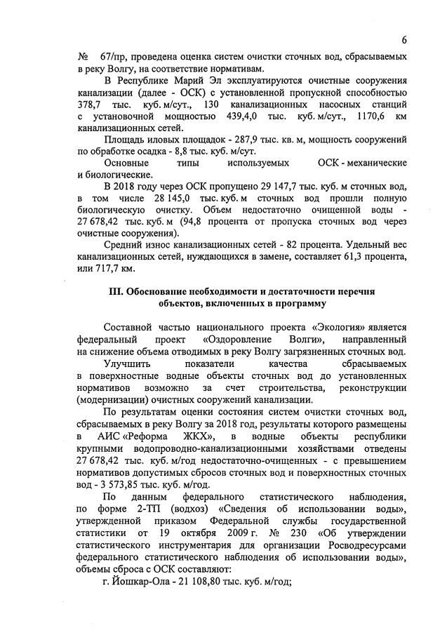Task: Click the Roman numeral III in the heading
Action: (113, 290)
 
